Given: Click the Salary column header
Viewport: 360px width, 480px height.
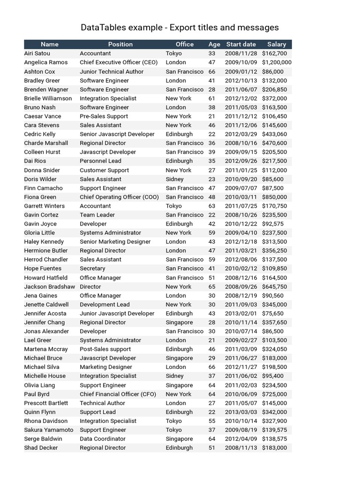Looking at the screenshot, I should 277,44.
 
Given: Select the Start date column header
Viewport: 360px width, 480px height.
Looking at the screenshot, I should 241,44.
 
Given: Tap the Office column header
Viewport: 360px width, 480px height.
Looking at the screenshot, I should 184,44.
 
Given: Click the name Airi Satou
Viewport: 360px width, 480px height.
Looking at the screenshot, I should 37,53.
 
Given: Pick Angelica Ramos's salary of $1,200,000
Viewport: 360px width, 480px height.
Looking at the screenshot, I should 277,62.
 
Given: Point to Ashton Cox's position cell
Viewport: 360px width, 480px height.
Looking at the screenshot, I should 112,72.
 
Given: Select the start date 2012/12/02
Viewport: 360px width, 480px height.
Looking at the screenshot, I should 241,98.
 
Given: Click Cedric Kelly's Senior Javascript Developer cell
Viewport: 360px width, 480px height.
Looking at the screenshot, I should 117,134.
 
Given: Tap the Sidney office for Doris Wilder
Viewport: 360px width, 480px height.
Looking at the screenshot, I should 174,179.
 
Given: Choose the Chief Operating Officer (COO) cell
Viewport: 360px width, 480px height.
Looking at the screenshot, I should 118,197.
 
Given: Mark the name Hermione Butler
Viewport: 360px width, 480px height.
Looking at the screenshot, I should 46,251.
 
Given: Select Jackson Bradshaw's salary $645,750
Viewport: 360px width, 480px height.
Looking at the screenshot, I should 274,286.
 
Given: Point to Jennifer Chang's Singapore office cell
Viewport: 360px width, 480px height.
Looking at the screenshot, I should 179,322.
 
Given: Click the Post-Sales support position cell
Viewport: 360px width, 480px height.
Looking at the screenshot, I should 105,349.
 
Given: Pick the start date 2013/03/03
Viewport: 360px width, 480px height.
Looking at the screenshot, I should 241,412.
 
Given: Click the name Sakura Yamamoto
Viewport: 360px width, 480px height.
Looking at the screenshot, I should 49,430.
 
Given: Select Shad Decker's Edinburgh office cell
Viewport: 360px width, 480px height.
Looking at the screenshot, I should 179,448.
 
